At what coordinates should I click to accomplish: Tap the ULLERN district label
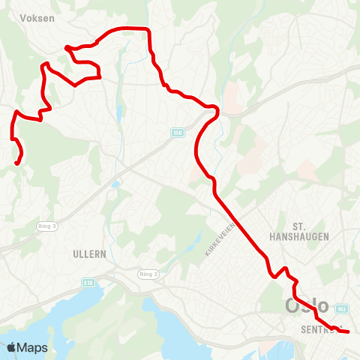90,254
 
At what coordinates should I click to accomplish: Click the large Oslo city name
307,307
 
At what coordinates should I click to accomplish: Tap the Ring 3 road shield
47,225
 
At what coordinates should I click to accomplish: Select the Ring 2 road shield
148,274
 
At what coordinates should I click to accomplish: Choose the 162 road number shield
343,308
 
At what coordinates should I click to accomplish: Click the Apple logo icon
11,347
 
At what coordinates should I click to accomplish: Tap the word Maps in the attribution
32,347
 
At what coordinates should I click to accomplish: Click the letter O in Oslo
292,307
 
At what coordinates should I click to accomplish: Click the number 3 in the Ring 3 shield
53,225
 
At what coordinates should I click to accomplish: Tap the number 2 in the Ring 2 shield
154,274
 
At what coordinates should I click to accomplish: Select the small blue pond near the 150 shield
116,182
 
